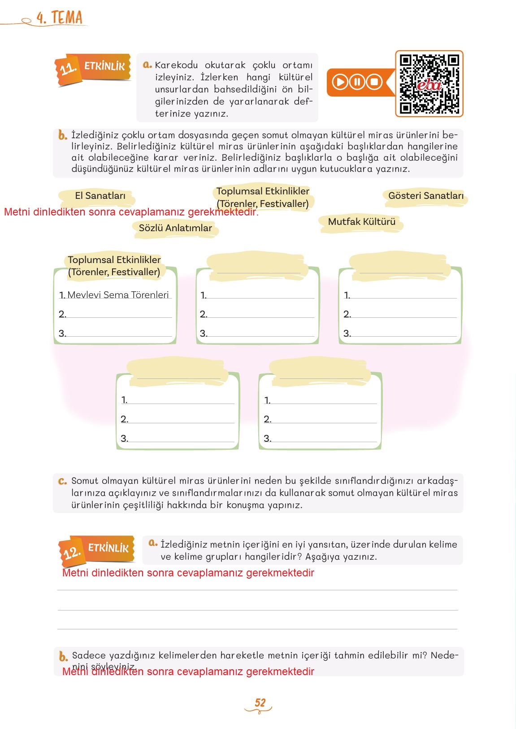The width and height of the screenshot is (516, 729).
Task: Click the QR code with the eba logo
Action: [429, 84]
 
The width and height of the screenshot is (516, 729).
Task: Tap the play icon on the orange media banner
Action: [340, 82]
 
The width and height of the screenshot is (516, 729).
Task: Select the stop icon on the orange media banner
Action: [374, 82]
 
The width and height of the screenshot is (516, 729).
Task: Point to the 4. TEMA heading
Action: [60, 18]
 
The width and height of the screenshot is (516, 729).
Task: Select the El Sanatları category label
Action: [100, 196]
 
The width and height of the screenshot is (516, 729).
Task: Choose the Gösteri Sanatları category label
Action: [425, 196]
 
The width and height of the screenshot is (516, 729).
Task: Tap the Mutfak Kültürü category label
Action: [361, 222]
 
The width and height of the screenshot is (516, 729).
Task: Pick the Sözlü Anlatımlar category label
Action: [175, 228]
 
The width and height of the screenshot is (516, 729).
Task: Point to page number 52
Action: [260, 703]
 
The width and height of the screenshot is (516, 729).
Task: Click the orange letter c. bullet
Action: [62, 481]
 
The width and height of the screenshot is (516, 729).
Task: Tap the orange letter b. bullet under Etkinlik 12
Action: [63, 656]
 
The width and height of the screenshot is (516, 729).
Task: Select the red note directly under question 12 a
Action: [188, 573]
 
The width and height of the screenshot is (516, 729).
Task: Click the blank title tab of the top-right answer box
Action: [400, 266]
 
